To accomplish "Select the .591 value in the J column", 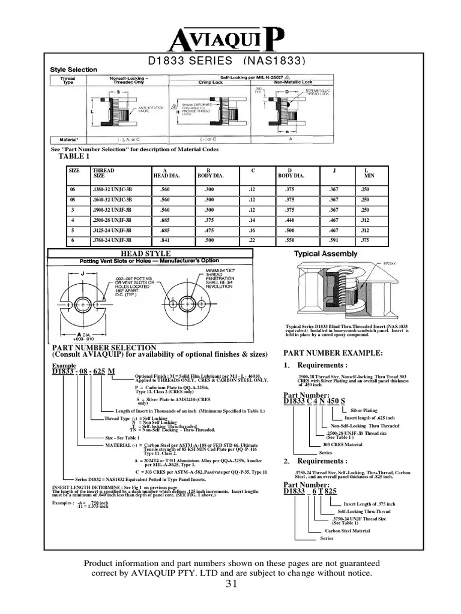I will [x=334, y=240].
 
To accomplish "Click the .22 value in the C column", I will [x=252, y=240].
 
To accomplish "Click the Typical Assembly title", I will [x=325, y=254].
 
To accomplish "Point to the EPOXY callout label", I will [x=382, y=263].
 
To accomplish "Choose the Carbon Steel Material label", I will [x=348, y=531].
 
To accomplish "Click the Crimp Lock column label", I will [x=211, y=82].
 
